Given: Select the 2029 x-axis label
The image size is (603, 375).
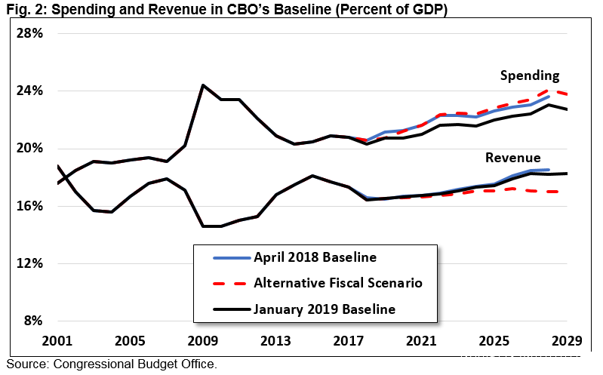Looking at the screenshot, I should point(566,341).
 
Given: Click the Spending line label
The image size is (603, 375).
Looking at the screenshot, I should point(530,75).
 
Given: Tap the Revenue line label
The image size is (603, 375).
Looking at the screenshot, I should point(512,158).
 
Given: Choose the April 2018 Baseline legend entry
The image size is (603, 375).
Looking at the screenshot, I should point(315,257).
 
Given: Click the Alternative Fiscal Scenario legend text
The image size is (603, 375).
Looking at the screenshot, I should point(337,283).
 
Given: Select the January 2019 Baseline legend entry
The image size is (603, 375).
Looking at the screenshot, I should point(325,309).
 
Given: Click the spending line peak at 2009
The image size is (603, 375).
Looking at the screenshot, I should point(203,85).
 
